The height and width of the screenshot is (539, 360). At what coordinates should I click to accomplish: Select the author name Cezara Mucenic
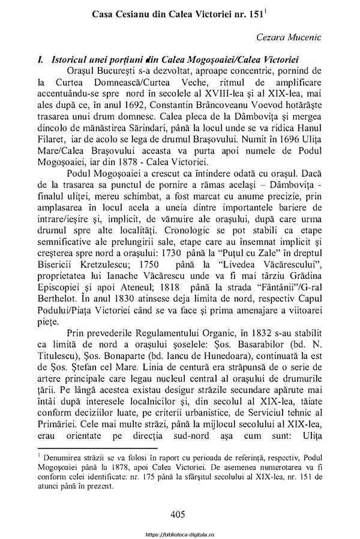point(289,38)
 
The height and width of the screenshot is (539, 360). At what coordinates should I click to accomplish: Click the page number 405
point(180,514)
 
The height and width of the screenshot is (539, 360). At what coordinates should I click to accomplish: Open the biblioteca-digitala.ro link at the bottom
point(180,532)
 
